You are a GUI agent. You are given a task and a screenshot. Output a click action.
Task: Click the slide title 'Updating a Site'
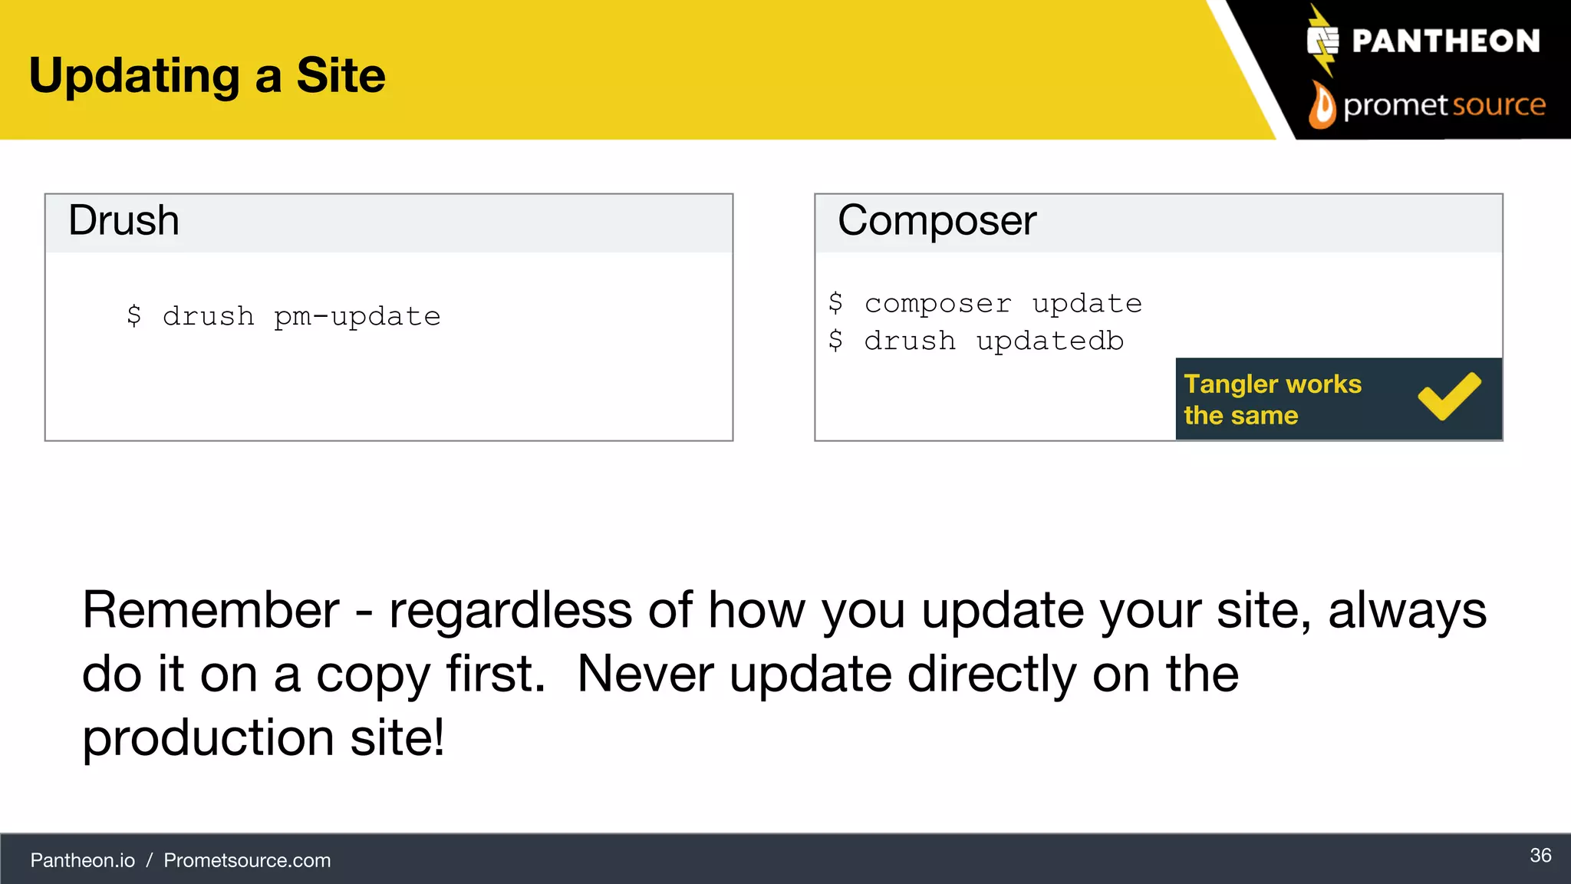(207, 75)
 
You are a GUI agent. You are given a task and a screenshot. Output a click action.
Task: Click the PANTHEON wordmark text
(1445, 41)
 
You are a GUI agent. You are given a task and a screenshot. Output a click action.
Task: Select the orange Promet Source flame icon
(1322, 106)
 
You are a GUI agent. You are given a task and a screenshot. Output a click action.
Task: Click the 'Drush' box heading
(124, 221)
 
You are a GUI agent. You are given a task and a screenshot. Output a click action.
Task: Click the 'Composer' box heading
(937, 221)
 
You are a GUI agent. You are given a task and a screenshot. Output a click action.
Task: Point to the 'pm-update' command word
(357, 316)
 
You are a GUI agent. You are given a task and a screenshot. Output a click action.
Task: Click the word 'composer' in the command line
(937, 304)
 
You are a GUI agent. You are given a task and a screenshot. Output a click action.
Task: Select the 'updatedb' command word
(1049, 341)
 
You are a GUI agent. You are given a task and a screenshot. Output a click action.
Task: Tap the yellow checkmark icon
(1449, 396)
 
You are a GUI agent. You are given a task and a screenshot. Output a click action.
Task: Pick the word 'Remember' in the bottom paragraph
(211, 611)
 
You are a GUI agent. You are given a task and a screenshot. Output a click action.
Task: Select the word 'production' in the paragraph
(208, 738)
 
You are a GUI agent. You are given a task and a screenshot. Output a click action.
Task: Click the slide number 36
(1540, 856)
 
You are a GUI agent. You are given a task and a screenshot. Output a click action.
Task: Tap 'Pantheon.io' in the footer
(83, 860)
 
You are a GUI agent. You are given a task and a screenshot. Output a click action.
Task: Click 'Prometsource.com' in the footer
(247, 860)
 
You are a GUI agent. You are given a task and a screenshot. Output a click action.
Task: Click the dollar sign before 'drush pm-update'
(134, 315)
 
